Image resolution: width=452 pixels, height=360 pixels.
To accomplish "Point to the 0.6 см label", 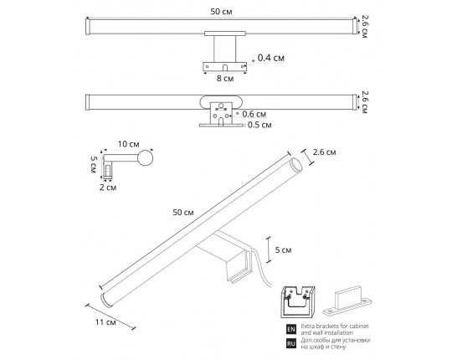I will pyautogui.click(x=253, y=114).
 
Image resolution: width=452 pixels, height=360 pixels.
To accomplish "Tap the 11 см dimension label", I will pyautogui.click(x=105, y=321).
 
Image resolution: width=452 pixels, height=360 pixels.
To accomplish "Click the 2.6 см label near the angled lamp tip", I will pyautogui.click(x=323, y=152).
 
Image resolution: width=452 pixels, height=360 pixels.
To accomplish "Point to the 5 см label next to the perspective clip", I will pyautogui.click(x=284, y=249).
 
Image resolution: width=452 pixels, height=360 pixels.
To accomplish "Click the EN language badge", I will pyautogui.click(x=290, y=327).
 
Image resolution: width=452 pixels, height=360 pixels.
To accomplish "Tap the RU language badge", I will pyautogui.click(x=290, y=342).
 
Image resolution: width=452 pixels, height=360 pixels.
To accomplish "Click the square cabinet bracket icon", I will pyautogui.click(x=299, y=298).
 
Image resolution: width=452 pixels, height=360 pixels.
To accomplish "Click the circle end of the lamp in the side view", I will pyautogui.click(x=146, y=157).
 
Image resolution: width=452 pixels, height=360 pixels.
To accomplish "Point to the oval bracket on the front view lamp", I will pyautogui.click(x=222, y=104).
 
